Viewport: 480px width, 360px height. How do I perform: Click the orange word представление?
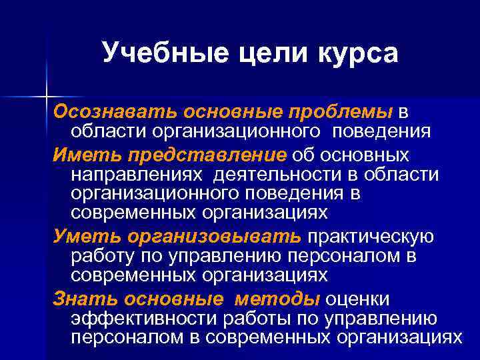(203, 156)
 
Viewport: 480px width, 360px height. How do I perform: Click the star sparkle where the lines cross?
(47, 95)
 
